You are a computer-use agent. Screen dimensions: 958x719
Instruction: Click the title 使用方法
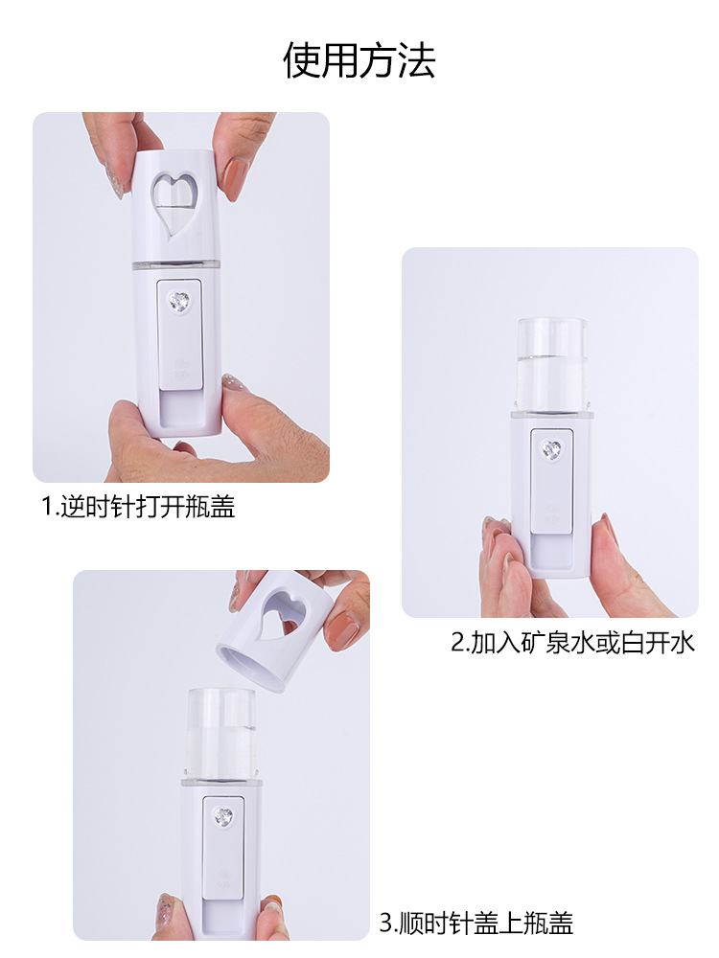click(x=359, y=60)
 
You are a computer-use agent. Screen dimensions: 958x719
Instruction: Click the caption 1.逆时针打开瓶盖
click(x=138, y=507)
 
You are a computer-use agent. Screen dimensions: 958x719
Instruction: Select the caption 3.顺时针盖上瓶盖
click(x=476, y=924)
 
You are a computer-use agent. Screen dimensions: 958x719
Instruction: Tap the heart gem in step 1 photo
click(x=180, y=302)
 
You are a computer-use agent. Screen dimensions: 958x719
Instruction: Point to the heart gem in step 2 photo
click(x=551, y=449)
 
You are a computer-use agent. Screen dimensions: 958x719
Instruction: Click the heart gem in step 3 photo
click(x=223, y=817)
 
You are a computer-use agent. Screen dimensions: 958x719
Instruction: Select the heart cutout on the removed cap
click(x=285, y=609)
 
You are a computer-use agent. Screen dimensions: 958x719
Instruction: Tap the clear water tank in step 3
click(x=220, y=733)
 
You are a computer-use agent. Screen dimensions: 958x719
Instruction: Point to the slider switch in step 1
click(x=180, y=335)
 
